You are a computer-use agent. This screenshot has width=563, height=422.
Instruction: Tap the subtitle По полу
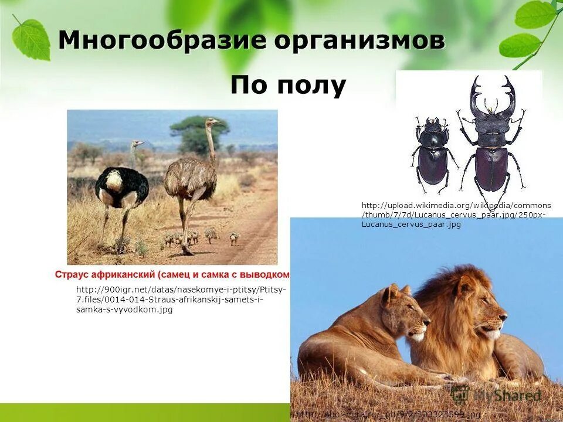point(288,86)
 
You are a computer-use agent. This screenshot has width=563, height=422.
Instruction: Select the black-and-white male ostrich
point(121,188)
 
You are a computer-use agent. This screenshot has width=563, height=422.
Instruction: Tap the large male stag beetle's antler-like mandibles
point(493,97)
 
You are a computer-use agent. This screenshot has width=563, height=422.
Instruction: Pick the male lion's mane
point(452,316)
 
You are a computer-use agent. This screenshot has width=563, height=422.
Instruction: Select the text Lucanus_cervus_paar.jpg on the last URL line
point(411,224)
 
